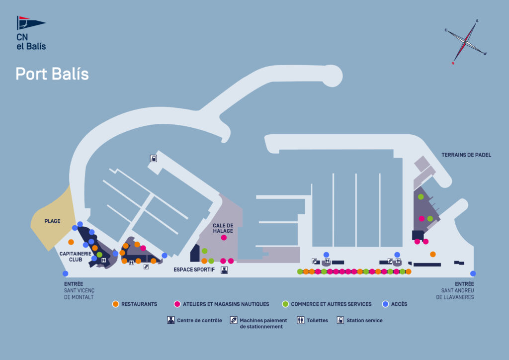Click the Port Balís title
[52, 74]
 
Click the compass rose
[466, 42]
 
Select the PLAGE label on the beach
[52, 221]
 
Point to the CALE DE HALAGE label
[223, 228]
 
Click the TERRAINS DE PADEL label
[466, 155]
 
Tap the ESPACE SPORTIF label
[194, 270]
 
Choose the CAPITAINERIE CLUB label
[75, 257]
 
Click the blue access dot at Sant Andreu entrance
[473, 273]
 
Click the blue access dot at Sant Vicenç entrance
[65, 273]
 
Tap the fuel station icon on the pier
[154, 159]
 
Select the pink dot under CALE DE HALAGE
[224, 238]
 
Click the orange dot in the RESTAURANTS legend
[115, 304]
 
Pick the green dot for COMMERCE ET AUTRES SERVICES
[285, 304]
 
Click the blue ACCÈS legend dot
[385, 304]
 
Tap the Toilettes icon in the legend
[300, 320]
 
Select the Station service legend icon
[340, 320]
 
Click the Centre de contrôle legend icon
[170, 320]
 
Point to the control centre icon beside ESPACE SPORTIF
[224, 270]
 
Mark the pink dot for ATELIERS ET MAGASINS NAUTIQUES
[177, 304]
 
